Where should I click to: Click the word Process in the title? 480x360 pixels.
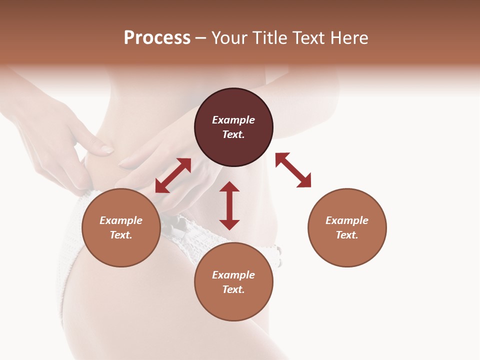point(157,38)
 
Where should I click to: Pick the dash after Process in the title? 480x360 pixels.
point(200,39)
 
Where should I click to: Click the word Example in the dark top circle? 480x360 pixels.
point(233,120)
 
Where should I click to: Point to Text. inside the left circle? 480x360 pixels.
point(121,235)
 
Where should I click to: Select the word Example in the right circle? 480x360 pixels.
point(347,220)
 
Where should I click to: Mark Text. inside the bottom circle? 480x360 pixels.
point(233,289)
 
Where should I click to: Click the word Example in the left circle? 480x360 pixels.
point(121,220)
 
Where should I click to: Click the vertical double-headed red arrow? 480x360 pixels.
point(229,205)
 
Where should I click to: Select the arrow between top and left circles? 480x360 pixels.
point(173,175)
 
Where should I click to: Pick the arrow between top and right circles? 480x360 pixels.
point(293,170)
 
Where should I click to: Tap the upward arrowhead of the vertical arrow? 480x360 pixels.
point(229,186)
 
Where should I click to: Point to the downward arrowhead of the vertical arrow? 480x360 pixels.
point(229,224)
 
